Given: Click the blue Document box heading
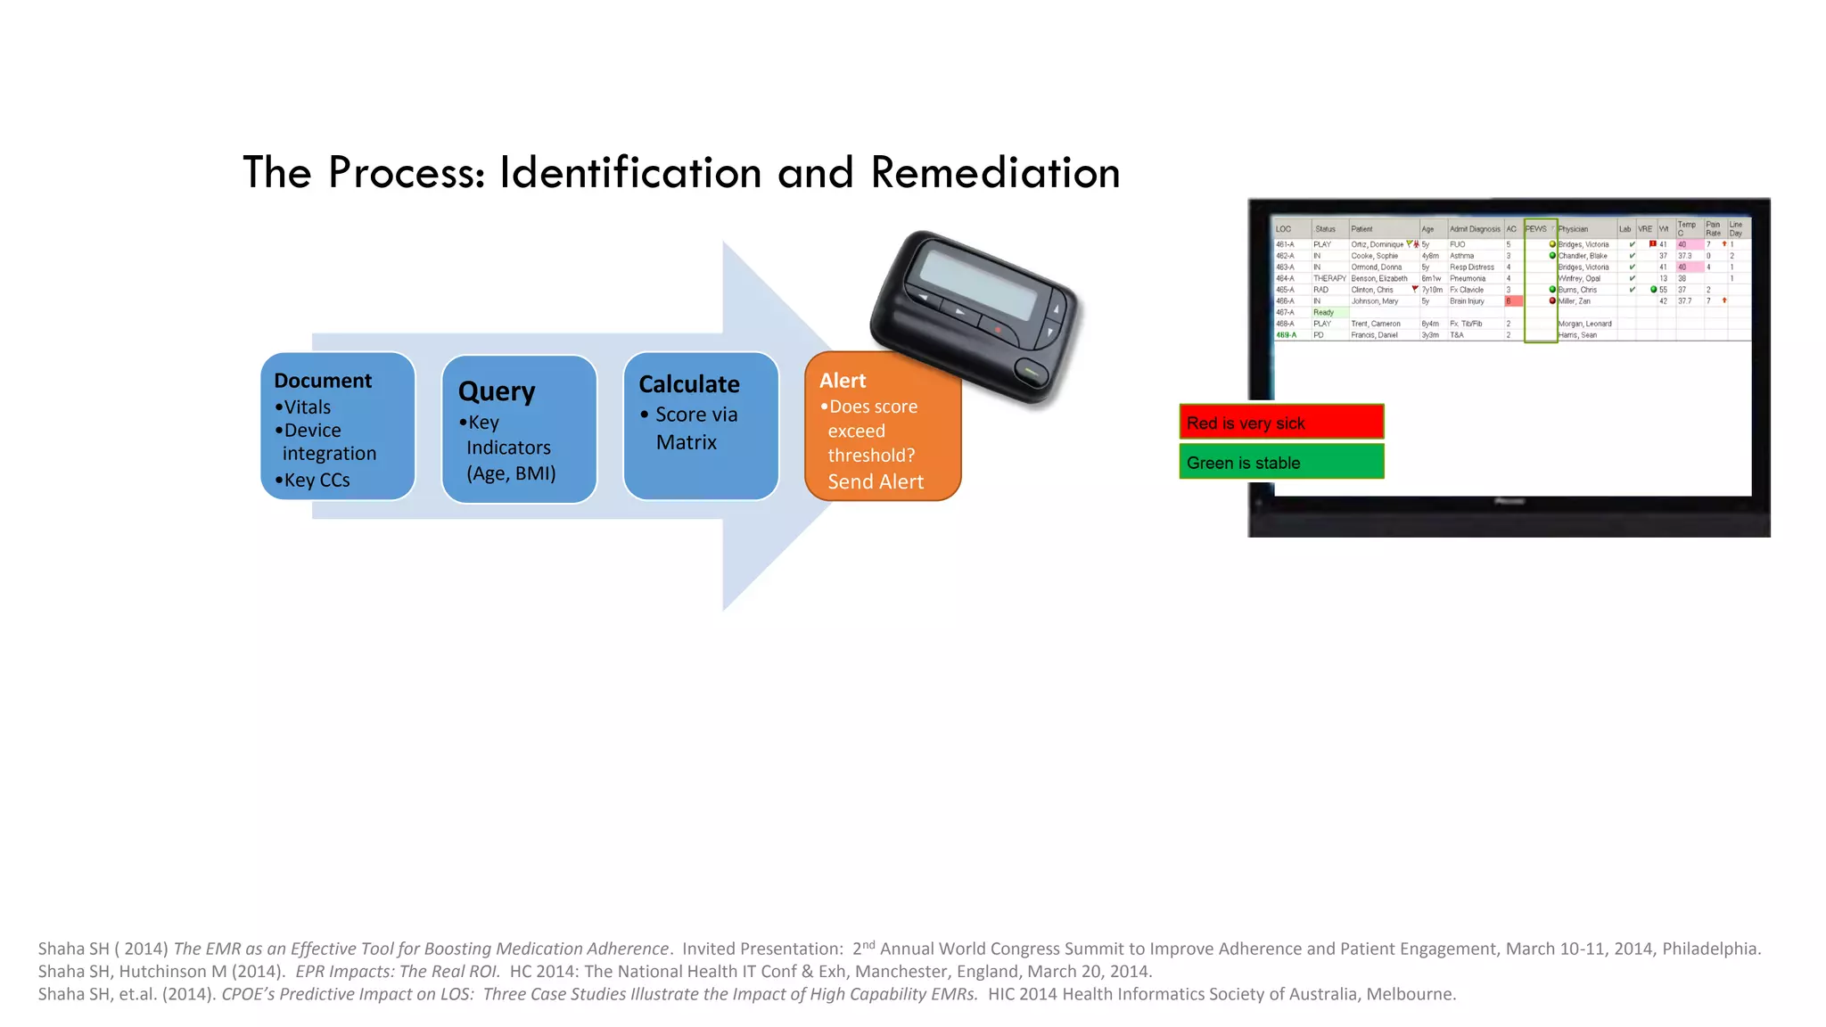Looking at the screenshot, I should [x=323, y=381].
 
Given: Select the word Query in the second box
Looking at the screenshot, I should [x=497, y=391].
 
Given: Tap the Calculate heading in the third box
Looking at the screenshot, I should [x=689, y=384].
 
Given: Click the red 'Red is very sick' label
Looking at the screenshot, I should [x=1280, y=423].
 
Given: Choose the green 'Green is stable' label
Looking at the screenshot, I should [x=1280, y=463].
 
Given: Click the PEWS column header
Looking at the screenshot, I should [x=1536, y=229].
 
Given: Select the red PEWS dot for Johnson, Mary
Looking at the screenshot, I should [x=1552, y=301].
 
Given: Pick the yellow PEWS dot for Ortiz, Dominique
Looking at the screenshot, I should [x=1552, y=244].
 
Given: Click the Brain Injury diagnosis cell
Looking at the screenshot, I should [x=1467, y=301].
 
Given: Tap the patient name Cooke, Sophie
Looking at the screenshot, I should [x=1374, y=256].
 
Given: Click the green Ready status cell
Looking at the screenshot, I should [x=1324, y=313].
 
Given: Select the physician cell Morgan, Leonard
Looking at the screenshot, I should [x=1584, y=325].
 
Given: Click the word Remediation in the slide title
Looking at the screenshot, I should [x=995, y=172].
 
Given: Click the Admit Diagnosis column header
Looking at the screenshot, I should [x=1475, y=229].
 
